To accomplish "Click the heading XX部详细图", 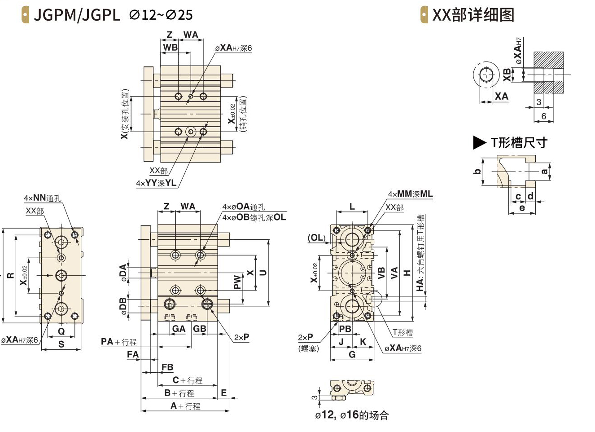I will pos(473,15).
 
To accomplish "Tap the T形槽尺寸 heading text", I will pos(519,143).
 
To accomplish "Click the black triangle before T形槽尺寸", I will pos(479,143).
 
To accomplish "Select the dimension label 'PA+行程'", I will pos(118,342).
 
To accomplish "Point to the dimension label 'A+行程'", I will pos(185,406).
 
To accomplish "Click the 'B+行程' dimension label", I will pos(179,393).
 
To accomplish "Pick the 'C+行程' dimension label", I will pos(188,380).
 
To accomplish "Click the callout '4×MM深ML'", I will pos(410,194).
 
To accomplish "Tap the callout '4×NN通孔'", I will pos(43,198).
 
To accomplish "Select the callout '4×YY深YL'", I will pos(156,183).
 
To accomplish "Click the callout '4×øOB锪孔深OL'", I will pos(254,217).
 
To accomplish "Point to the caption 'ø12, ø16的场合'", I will pos(352,415).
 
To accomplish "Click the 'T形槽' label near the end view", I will pos(402,332).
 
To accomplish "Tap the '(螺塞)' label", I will pos(308,348).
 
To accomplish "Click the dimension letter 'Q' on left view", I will pos(61,331).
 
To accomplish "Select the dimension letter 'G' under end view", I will pos(352,354).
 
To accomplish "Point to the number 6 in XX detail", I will pos(544,116).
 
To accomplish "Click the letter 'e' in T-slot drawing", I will pos(522,208).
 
